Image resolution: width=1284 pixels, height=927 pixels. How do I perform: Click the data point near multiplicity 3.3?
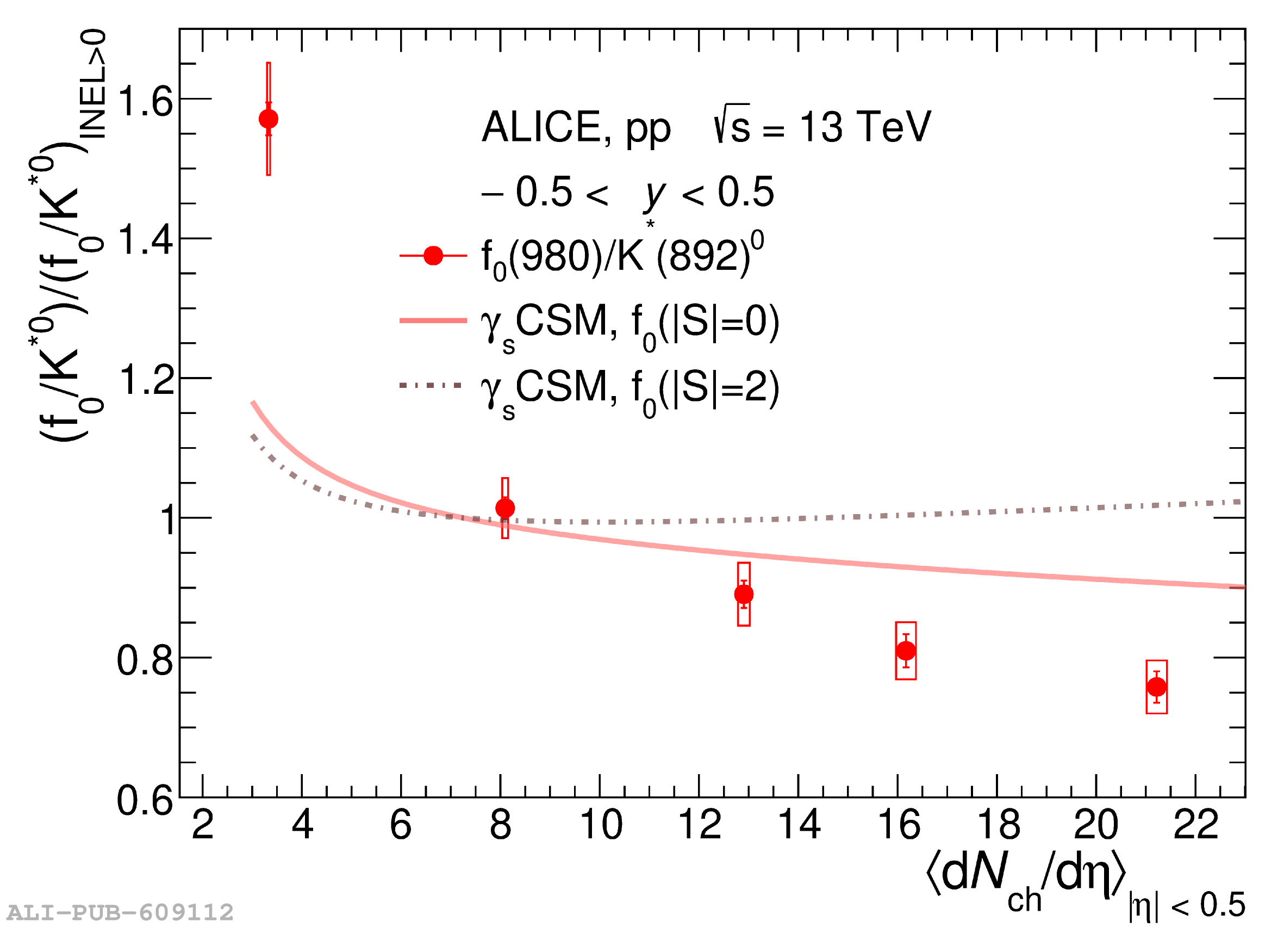(x=269, y=119)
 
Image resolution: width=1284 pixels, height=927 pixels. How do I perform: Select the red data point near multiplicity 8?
(x=505, y=508)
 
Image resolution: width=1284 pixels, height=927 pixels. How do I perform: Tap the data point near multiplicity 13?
(x=744, y=595)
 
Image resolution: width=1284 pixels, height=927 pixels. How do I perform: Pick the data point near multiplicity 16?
(x=906, y=651)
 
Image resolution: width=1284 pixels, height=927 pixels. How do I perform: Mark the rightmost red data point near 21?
(x=1157, y=687)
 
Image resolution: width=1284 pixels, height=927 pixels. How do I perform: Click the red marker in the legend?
(x=433, y=256)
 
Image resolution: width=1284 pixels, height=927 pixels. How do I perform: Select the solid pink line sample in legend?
(x=433, y=321)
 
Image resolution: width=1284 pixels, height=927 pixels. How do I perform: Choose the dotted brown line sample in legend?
(x=433, y=385)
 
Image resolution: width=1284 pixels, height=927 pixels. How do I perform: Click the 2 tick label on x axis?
(x=203, y=825)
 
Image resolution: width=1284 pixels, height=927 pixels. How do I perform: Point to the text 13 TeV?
(x=864, y=127)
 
